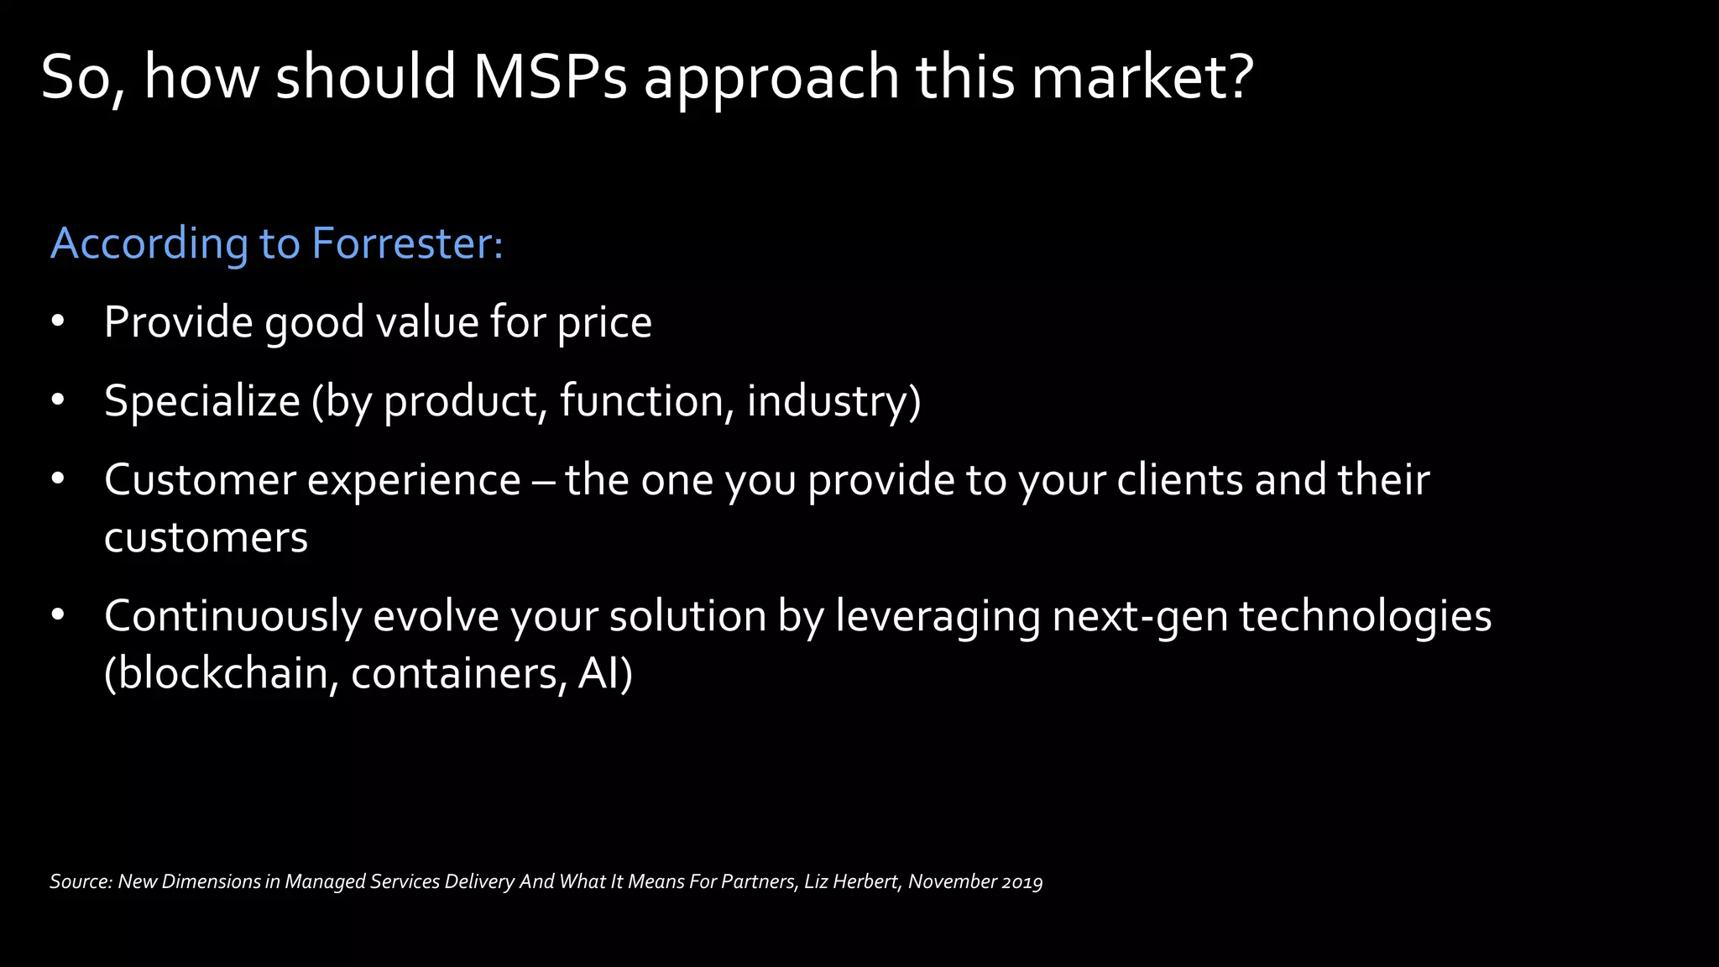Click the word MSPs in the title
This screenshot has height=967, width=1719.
coord(550,77)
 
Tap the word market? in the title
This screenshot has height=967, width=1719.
coord(1142,77)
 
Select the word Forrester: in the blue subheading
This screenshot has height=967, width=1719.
coord(407,243)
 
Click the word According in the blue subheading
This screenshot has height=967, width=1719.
coord(149,243)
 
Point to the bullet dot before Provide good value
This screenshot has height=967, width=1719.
coord(57,322)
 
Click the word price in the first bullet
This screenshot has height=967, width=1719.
coord(604,323)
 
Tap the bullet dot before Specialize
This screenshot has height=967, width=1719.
coord(57,401)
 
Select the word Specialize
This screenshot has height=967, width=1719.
coord(201,401)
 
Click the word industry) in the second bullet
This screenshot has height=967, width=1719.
coord(833,401)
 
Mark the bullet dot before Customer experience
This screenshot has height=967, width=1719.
coord(57,480)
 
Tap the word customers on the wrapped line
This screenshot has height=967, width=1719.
coord(206,538)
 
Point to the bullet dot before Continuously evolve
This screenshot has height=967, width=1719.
coord(57,616)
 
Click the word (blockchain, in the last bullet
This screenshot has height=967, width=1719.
coord(221,673)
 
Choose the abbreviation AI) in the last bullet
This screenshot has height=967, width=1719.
coord(605,673)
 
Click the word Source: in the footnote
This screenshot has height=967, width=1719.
coord(81,881)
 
